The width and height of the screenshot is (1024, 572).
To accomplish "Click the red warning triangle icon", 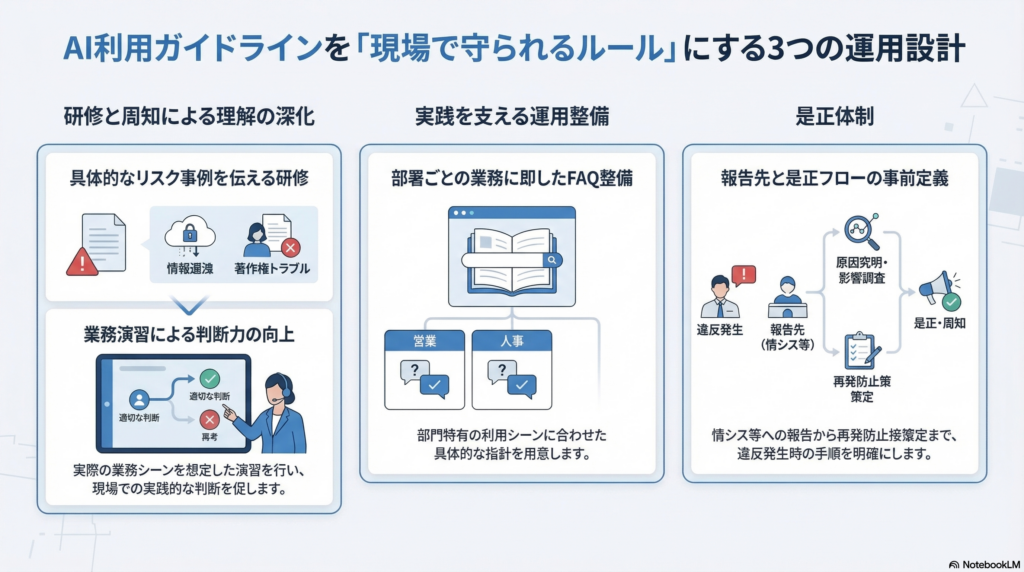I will click(81, 262).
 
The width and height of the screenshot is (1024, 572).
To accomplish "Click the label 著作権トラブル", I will click(271, 268).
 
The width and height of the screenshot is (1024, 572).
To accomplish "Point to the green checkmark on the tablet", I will click(209, 380).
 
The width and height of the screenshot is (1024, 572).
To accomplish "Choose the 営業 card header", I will click(426, 341).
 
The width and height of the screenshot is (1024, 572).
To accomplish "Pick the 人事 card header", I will click(512, 341).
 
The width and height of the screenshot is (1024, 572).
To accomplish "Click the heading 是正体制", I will click(835, 116).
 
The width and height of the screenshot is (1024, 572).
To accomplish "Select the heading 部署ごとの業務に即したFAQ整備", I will click(512, 179).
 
